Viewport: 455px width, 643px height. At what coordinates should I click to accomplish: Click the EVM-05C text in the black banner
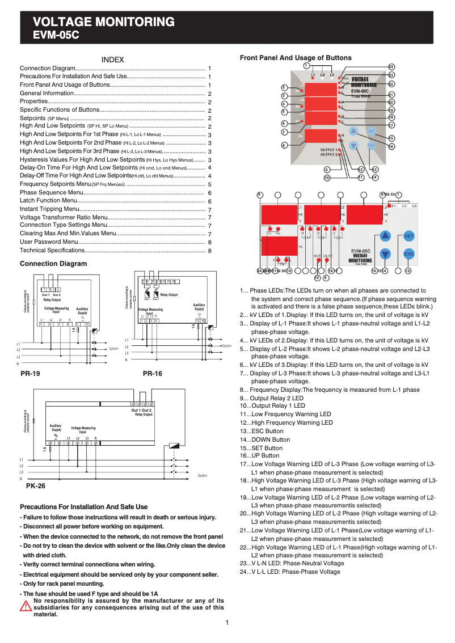tap(56, 35)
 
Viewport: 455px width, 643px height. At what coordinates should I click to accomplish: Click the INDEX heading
tap(112, 60)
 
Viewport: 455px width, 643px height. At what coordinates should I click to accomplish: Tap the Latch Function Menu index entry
tap(48, 201)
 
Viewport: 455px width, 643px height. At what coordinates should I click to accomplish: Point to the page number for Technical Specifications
tap(209, 250)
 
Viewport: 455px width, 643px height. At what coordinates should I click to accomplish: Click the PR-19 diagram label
tap(30, 374)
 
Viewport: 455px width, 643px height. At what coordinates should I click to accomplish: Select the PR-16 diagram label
tap(152, 374)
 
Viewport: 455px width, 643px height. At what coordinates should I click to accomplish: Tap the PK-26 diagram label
tap(36, 486)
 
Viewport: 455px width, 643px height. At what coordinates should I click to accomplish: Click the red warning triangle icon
tap(26, 607)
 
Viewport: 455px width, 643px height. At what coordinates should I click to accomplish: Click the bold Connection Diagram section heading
tap(53, 264)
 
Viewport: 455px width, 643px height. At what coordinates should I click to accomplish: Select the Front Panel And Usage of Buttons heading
tap(296, 58)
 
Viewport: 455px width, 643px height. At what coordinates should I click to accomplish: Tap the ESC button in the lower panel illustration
tap(409, 254)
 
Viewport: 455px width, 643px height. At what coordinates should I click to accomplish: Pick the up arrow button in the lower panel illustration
tap(385, 235)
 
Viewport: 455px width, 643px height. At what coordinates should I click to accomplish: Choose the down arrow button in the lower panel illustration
tap(385, 254)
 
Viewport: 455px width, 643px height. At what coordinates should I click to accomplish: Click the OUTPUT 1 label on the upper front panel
tap(328, 149)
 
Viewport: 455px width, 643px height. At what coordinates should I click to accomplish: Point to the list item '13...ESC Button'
tap(262, 431)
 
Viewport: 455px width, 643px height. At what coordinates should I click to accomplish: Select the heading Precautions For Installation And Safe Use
tap(83, 507)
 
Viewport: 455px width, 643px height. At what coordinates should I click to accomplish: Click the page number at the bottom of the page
tap(227, 623)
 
